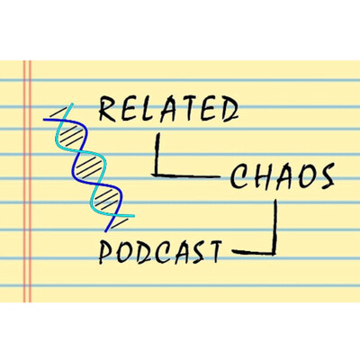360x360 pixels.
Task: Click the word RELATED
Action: (168, 109)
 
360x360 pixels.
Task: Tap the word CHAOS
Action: (282, 177)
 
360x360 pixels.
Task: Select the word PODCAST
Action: (160, 252)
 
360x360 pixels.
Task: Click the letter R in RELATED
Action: (107, 109)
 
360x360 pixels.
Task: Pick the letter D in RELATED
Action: (229, 109)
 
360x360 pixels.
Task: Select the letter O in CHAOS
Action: (303, 177)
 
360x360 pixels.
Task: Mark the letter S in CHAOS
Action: (325, 176)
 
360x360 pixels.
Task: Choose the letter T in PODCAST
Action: (213, 252)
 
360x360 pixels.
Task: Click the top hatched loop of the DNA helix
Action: (70, 134)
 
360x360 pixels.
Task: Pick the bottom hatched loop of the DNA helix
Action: (107, 199)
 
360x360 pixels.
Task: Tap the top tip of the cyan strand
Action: (72, 104)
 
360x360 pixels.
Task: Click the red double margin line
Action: (27, 182)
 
